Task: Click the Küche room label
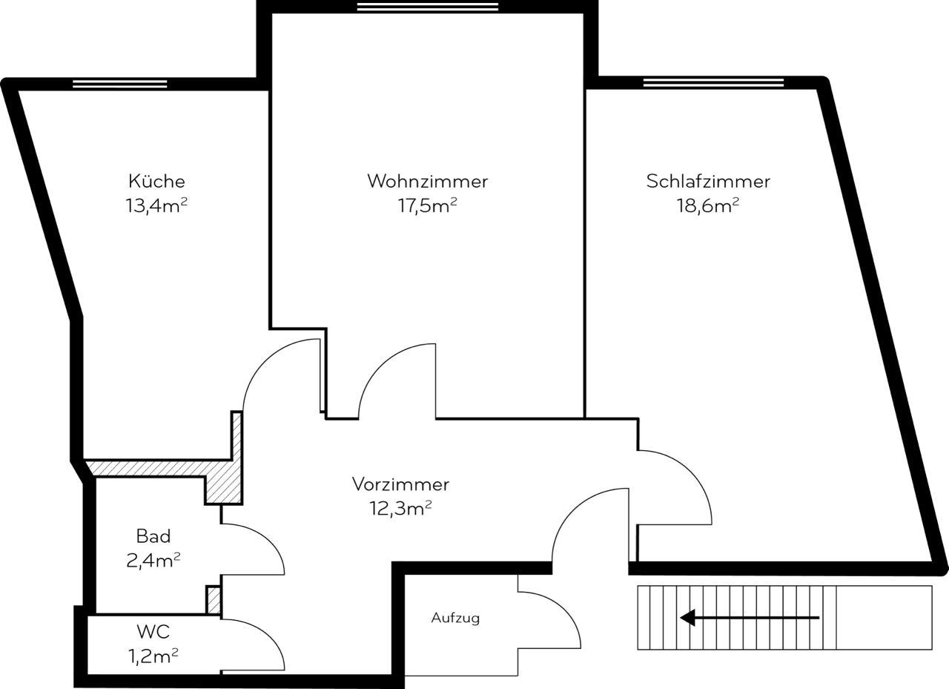(x=156, y=181)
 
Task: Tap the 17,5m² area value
(x=428, y=205)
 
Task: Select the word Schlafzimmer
(x=708, y=181)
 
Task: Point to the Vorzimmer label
(x=400, y=484)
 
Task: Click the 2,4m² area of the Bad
(x=153, y=561)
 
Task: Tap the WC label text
(x=153, y=632)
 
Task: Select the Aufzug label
(x=455, y=618)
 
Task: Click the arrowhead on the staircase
(x=687, y=617)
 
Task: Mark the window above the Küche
(x=120, y=84)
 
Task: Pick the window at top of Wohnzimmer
(x=428, y=7)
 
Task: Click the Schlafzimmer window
(x=713, y=82)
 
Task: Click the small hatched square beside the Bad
(x=213, y=599)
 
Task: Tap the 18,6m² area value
(x=708, y=205)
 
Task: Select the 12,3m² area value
(x=400, y=509)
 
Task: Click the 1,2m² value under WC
(x=153, y=656)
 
